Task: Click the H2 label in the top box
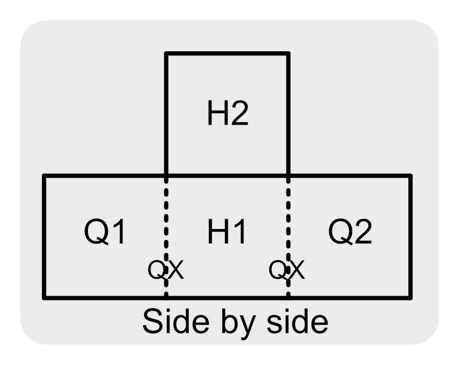pyautogui.click(x=227, y=115)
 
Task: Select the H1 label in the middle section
pyautogui.click(x=227, y=233)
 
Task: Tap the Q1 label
pyautogui.click(x=105, y=233)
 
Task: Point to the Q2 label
pyautogui.click(x=350, y=233)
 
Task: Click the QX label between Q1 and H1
pyautogui.click(x=165, y=269)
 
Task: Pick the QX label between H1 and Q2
pyautogui.click(x=287, y=269)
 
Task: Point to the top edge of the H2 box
pyautogui.click(x=226, y=53)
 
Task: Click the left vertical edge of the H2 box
pyautogui.click(x=166, y=114)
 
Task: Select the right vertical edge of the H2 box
pyautogui.click(x=288, y=114)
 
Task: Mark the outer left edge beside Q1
pyautogui.click(x=44, y=237)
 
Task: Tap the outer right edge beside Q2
pyautogui.click(x=410, y=237)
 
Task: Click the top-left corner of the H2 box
pyautogui.click(x=166, y=53)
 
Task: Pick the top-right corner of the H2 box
pyautogui.click(x=288, y=53)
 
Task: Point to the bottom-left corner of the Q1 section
pyautogui.click(x=44, y=297)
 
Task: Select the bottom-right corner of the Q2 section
pyautogui.click(x=410, y=297)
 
